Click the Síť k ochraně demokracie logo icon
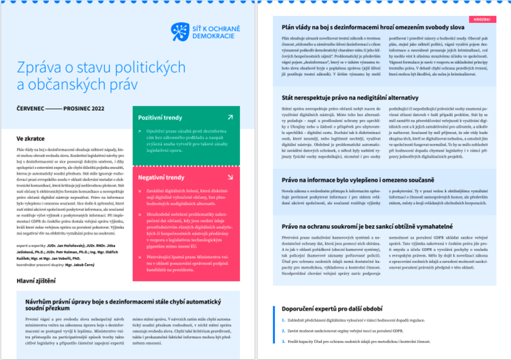(x=180, y=32)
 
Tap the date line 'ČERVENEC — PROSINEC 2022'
(x=61, y=108)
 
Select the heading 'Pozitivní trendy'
(x=160, y=118)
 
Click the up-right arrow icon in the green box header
(x=230, y=117)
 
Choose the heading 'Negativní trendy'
(x=161, y=177)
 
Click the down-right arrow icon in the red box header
(x=230, y=177)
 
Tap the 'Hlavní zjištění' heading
(x=36, y=281)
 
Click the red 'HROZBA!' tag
(x=482, y=19)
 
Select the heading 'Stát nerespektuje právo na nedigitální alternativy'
(x=350, y=97)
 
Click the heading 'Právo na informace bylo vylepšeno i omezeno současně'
(x=358, y=180)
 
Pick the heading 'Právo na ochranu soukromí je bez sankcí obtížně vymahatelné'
(x=367, y=226)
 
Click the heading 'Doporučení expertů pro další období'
(x=332, y=308)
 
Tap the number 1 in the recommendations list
(x=283, y=320)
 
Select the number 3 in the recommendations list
(x=283, y=341)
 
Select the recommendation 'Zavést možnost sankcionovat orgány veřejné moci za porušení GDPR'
(x=345, y=331)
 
